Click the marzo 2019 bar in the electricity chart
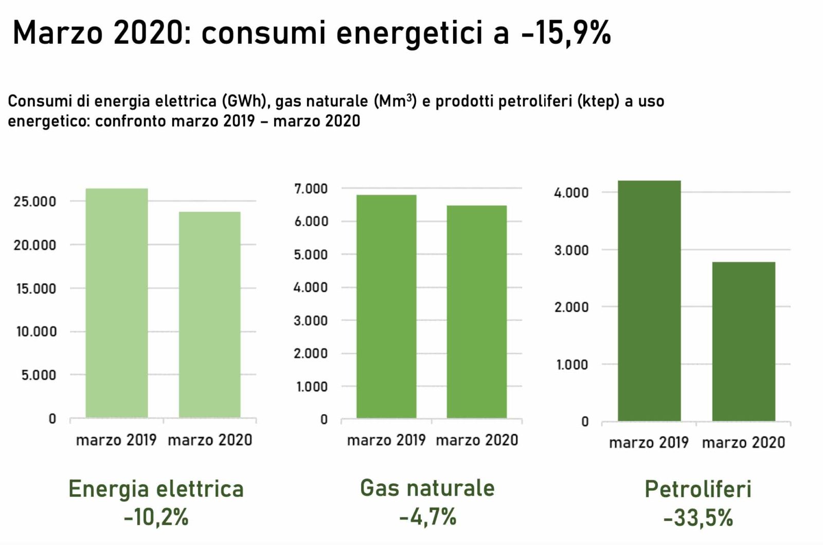(117, 303)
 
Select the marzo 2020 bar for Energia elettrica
(209, 315)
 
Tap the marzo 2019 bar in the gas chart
(386, 306)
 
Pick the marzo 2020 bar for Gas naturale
(476, 312)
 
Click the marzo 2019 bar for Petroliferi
(649, 301)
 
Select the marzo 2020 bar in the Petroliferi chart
(743, 341)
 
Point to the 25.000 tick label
(35, 202)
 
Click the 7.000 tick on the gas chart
(311, 189)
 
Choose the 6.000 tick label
(311, 222)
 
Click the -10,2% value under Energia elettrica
(156, 517)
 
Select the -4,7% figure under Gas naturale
(427, 516)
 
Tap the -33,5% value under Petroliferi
(698, 518)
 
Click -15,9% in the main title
(565, 33)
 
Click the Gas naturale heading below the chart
(427, 487)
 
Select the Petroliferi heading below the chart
(698, 489)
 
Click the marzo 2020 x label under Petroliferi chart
(743, 443)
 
